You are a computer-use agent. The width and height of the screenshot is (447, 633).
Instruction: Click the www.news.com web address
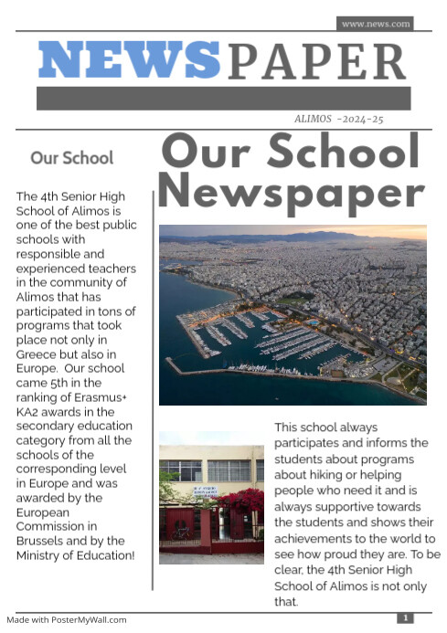pyautogui.click(x=375, y=24)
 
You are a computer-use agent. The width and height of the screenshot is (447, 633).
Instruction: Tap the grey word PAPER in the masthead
pyautogui.click(x=316, y=62)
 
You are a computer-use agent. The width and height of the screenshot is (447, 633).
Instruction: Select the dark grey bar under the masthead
pyautogui.click(x=223, y=99)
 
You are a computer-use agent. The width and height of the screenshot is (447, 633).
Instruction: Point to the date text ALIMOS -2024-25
pyautogui.click(x=338, y=119)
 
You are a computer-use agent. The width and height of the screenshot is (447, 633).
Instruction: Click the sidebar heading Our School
pyautogui.click(x=72, y=158)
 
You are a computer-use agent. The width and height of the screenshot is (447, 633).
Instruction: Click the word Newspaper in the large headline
pyautogui.click(x=292, y=193)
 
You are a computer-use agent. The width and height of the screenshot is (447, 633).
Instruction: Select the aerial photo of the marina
pyautogui.click(x=293, y=315)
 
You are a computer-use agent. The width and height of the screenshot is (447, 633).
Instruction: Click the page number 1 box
pyautogui.click(x=406, y=618)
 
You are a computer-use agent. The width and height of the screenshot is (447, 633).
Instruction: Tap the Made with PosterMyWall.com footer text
pyautogui.click(x=66, y=619)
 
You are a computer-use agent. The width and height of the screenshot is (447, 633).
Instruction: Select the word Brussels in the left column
pyautogui.click(x=42, y=540)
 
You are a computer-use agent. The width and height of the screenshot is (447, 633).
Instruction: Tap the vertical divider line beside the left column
pyautogui.click(x=153, y=365)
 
